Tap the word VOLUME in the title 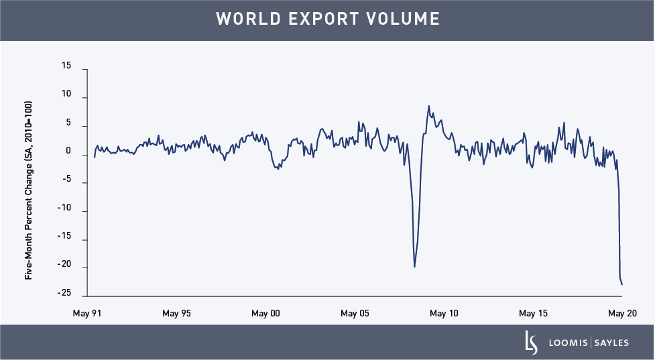click(x=408, y=19)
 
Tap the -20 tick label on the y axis click(x=64, y=267)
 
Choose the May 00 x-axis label click(x=265, y=313)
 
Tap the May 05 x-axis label click(x=355, y=313)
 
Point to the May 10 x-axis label click(x=444, y=313)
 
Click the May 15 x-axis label click(x=533, y=313)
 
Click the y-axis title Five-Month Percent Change click(x=28, y=190)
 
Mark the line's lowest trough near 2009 click(x=414, y=267)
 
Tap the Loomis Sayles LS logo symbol click(x=531, y=343)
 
